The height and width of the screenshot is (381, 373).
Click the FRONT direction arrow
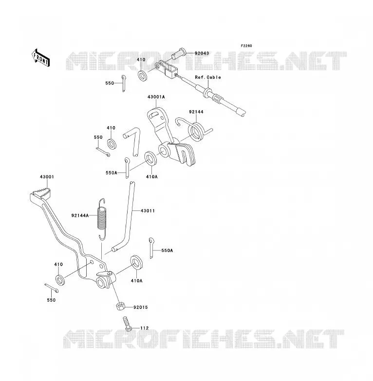click(x=40, y=58)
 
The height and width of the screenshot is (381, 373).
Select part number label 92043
click(x=202, y=53)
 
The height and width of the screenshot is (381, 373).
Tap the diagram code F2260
click(x=246, y=46)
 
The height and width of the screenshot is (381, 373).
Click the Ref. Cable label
click(x=208, y=77)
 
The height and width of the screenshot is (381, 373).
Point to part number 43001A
click(x=156, y=96)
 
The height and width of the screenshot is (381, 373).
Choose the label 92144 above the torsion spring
click(x=196, y=112)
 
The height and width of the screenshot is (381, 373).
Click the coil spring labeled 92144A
click(x=102, y=219)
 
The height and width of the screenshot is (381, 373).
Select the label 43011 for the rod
click(x=148, y=210)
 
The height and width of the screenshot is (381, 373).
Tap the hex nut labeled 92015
click(x=120, y=306)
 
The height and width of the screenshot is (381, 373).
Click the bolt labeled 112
click(x=127, y=324)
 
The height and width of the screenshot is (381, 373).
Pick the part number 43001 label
click(x=47, y=177)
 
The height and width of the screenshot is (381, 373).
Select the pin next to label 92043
click(x=179, y=54)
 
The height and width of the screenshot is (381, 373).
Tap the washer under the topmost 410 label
click(x=143, y=76)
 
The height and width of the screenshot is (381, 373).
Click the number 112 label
click(x=145, y=328)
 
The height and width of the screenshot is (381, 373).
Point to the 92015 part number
click(x=141, y=307)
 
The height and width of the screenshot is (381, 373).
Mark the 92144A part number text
click(x=80, y=215)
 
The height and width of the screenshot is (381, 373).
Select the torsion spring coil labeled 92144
click(x=195, y=131)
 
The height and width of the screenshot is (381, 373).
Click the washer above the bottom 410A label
click(x=137, y=263)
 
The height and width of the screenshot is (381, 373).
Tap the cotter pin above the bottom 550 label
click(x=52, y=287)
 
